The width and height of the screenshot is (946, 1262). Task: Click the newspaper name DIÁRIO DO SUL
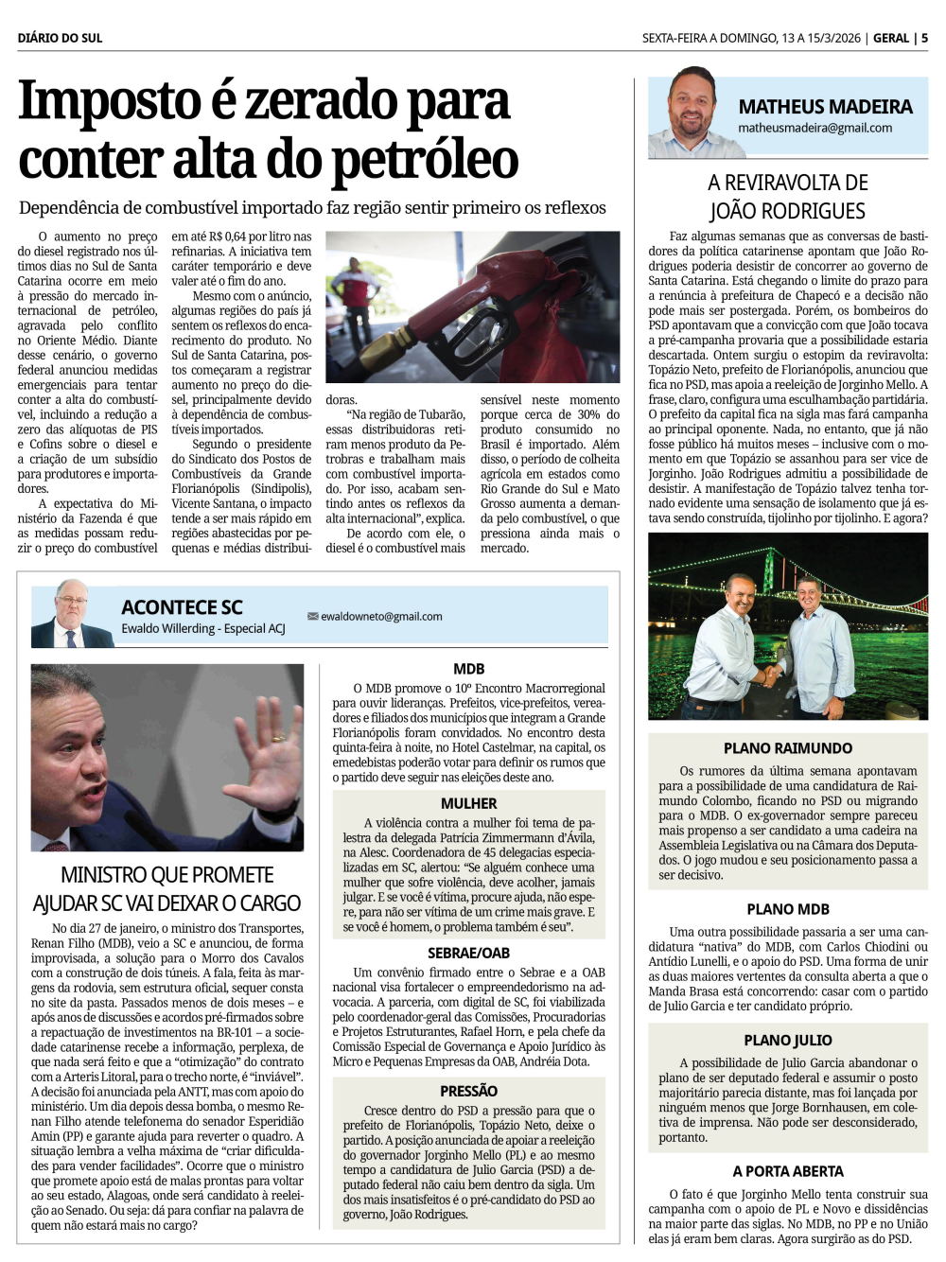60,38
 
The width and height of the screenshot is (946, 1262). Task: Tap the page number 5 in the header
924,38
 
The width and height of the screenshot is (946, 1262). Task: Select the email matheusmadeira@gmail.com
815,128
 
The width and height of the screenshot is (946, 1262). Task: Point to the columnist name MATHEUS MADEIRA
825,107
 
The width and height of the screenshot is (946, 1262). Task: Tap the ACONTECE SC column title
182,607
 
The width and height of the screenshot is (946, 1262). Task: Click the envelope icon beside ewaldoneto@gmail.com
312,617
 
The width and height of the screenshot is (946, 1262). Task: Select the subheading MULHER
468,803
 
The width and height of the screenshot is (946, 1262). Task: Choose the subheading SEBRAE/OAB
468,953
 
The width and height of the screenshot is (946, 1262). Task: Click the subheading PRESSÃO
468,1091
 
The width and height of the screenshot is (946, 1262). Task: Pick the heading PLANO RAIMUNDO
788,748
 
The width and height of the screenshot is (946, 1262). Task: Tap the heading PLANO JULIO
788,1040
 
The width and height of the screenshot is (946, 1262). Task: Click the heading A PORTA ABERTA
788,1171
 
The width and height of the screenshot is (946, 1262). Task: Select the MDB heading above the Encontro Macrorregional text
468,669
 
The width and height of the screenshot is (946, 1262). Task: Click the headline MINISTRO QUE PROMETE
166,875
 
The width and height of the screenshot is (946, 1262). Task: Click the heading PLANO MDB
788,909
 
